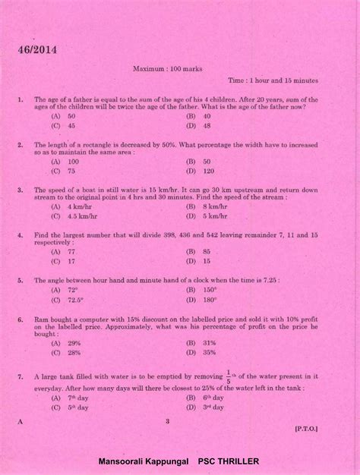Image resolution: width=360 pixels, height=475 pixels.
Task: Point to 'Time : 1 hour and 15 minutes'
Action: coord(273,80)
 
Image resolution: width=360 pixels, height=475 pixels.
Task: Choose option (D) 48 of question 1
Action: coord(197,125)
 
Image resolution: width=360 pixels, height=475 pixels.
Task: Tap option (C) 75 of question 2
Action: coord(65,171)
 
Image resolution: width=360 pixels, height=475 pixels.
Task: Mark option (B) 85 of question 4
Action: coord(197,251)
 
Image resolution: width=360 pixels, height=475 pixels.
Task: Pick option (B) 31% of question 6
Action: coord(201,343)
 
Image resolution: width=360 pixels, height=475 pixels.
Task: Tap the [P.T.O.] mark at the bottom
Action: coord(306,428)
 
